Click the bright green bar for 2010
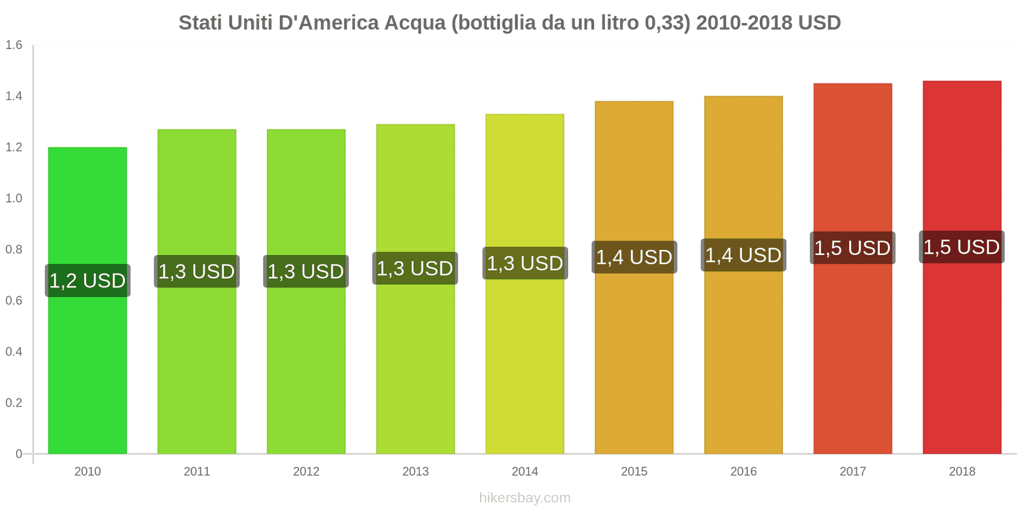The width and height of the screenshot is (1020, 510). tap(87, 370)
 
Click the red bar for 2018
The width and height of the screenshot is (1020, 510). tap(962, 357)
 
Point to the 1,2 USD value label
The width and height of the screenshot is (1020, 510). tap(87, 280)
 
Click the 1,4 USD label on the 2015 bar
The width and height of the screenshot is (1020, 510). tap(634, 257)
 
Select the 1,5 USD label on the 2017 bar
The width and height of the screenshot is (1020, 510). tap(852, 248)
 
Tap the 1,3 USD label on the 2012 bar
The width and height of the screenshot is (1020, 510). tap(306, 272)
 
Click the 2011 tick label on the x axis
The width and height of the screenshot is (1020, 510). tap(197, 472)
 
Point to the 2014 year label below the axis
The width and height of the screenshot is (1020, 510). tap(525, 472)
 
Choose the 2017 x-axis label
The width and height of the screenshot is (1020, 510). tap(852, 472)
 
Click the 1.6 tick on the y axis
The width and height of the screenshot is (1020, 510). tap(14, 45)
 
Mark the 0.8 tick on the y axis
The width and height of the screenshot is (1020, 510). tap(14, 249)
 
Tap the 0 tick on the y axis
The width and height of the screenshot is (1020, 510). tap(18, 454)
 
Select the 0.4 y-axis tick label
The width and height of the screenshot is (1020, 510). tap(14, 352)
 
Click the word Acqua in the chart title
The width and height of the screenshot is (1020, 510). tap(415, 23)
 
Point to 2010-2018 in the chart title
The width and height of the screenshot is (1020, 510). tap(744, 23)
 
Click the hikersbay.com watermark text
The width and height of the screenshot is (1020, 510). tap(525, 498)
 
